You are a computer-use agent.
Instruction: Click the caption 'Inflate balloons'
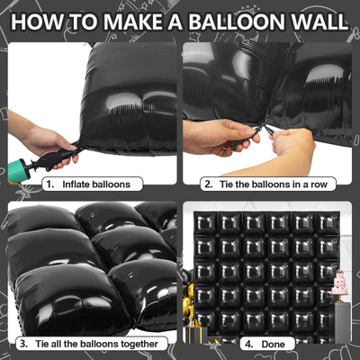coord(96,184)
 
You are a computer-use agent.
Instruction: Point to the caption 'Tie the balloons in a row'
coord(273,184)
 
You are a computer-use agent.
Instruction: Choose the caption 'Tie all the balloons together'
coord(96,344)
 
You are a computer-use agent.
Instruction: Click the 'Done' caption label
coord(273,344)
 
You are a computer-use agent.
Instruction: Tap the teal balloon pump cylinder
coord(19,170)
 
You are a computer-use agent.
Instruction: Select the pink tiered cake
coord(339,283)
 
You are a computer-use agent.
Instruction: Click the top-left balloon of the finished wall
coord(206,223)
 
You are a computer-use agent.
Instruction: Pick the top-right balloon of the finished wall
coord(328,223)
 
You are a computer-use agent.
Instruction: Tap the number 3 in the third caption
coord(23,344)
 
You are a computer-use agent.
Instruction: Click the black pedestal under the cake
coord(339,321)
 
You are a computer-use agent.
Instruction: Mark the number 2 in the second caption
coord(208,184)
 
